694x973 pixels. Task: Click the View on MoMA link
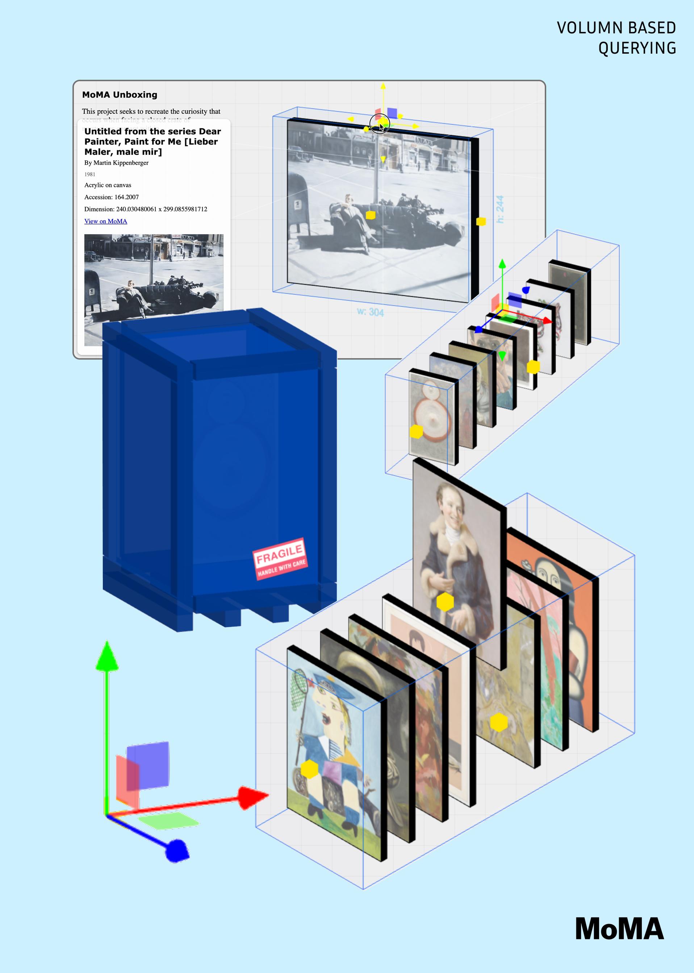(105, 221)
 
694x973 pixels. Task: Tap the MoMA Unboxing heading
(120, 95)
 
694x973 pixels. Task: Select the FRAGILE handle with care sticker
(280, 559)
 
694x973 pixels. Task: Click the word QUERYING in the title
(637, 48)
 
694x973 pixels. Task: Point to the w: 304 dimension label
(370, 312)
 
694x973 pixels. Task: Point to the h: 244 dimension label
(499, 209)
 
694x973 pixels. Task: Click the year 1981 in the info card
(90, 174)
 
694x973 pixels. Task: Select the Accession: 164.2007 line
(112, 197)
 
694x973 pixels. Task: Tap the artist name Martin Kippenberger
(121, 163)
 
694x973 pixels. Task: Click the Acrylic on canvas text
(108, 185)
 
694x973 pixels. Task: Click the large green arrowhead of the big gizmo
(107, 657)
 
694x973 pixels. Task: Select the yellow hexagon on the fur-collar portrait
(445, 601)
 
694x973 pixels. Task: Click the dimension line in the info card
(146, 209)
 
